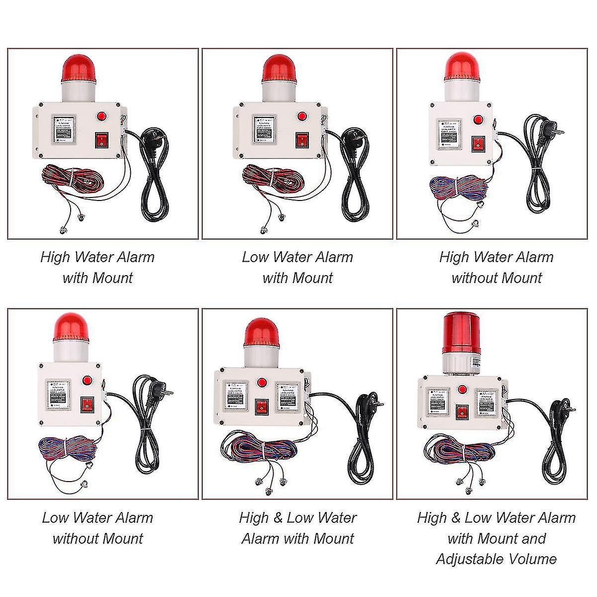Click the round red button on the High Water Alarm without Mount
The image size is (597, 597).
click(x=478, y=120)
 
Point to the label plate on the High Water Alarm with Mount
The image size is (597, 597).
click(x=64, y=130)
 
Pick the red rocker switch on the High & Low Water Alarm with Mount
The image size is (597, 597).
click(x=261, y=406)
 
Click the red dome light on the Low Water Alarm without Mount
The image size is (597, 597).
click(x=71, y=328)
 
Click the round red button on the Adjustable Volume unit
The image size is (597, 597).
click(x=463, y=391)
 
